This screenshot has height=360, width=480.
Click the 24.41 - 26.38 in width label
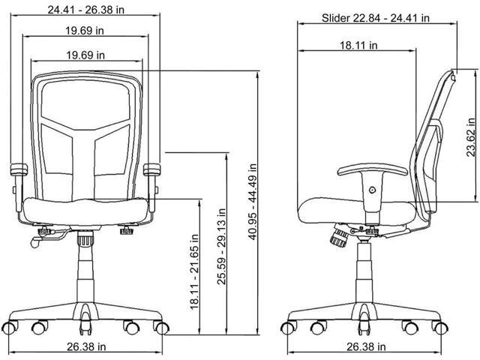[86, 10]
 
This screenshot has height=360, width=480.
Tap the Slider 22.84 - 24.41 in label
[375, 18]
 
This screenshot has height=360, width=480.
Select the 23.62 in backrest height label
[471, 137]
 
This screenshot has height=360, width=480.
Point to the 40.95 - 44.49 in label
[253, 202]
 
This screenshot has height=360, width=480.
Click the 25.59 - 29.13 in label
[221, 247]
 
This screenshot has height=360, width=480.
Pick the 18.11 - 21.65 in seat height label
[195, 272]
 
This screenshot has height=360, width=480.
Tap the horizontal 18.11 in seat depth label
[358, 45]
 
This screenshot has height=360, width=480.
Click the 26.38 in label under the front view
[86, 346]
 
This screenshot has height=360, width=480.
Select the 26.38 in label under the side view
[366, 346]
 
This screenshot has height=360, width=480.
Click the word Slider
[336, 18]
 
